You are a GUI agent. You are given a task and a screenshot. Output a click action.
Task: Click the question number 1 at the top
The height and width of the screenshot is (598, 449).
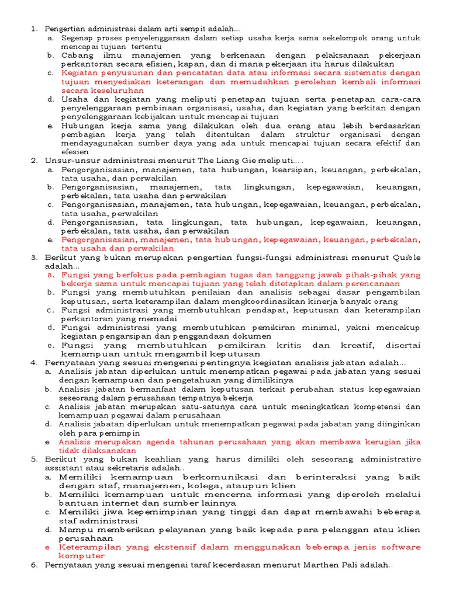(33, 29)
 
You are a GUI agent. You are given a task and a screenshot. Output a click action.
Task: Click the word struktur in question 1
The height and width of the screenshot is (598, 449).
(300, 134)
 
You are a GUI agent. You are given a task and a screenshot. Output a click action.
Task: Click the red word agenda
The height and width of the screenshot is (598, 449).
(140, 442)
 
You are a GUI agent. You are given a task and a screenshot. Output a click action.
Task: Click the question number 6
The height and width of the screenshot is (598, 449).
(33, 565)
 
